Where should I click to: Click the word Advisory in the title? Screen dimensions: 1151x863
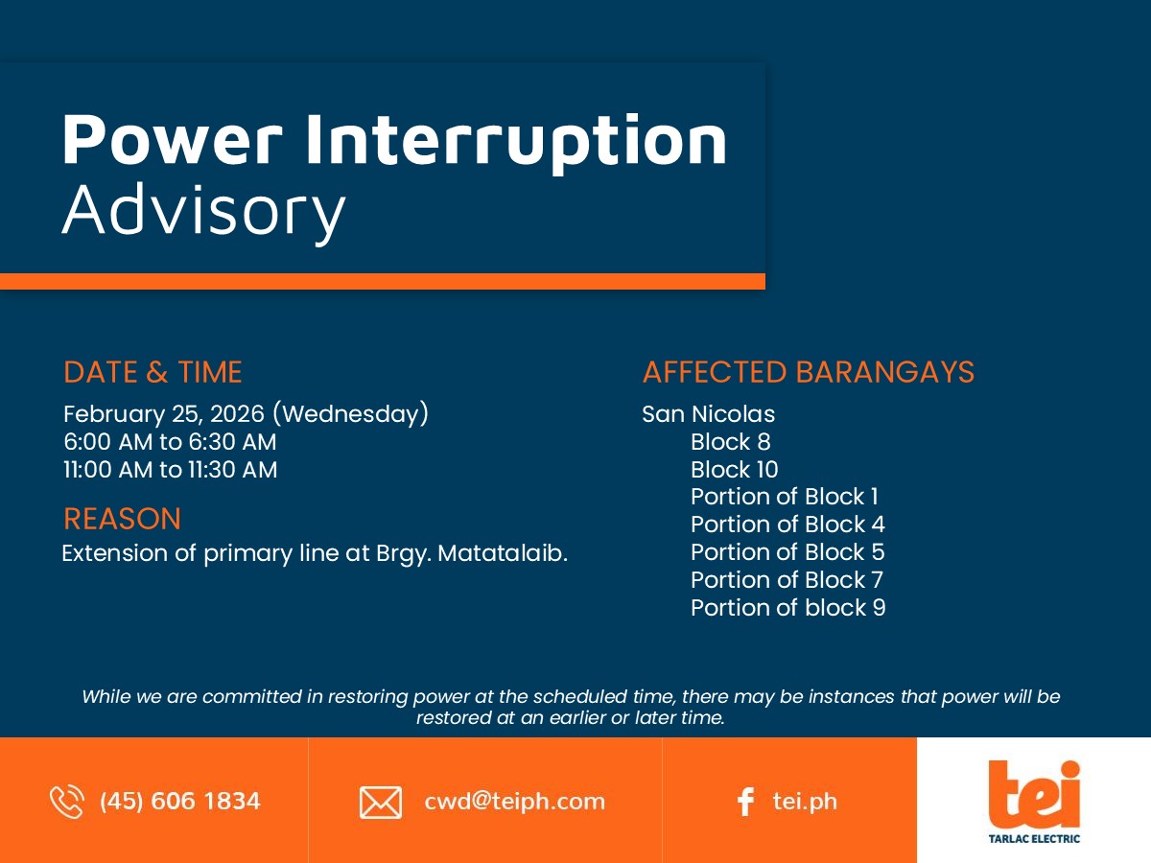pos(204,212)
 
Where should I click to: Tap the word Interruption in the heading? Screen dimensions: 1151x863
pos(516,143)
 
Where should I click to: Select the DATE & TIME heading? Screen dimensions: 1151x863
pos(153,372)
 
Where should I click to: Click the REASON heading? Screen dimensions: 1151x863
pos(122,519)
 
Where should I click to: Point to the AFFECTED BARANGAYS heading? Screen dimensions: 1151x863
pos(808,372)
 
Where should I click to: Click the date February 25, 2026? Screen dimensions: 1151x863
pos(164,414)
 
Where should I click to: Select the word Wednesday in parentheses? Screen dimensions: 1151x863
pos(351,414)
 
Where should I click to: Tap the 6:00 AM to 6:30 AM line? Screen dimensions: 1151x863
pos(170,442)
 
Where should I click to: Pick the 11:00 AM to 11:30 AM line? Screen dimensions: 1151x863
pos(170,470)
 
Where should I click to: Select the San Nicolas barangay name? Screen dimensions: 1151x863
pos(709,414)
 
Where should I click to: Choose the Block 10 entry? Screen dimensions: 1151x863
pos(734,470)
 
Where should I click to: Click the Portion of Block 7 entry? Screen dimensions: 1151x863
pos(787,580)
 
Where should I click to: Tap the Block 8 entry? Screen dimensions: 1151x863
pos(731,442)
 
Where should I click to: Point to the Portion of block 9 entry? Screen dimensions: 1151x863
pos(788,608)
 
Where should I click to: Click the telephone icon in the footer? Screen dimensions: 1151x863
pos(66,802)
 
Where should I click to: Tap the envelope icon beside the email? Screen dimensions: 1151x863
pos(381,803)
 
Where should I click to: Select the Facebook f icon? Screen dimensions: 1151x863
pos(745,802)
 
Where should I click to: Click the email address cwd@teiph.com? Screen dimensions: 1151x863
pos(514,802)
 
